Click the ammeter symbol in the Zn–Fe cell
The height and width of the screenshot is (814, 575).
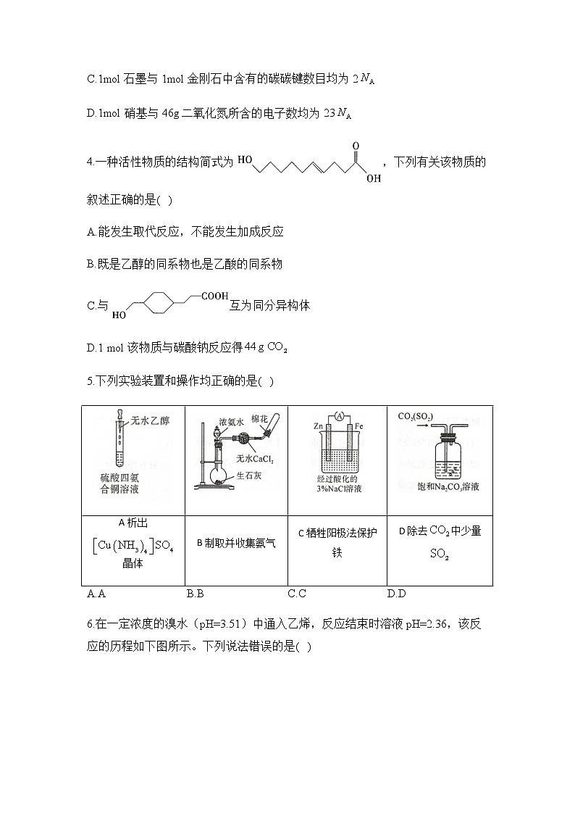coord(337,417)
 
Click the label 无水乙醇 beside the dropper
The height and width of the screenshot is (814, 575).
coord(150,420)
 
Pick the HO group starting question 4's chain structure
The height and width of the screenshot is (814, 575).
coord(245,160)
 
